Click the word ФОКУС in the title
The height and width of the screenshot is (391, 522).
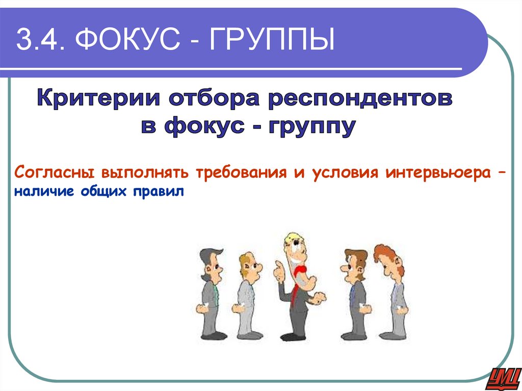[136, 40]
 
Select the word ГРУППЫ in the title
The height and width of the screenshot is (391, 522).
[271, 40]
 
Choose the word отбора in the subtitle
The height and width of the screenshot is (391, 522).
[212, 97]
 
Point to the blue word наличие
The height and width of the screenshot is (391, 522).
[43, 192]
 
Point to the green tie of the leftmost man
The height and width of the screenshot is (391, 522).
[216, 293]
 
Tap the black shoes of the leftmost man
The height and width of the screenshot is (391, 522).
[213, 335]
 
